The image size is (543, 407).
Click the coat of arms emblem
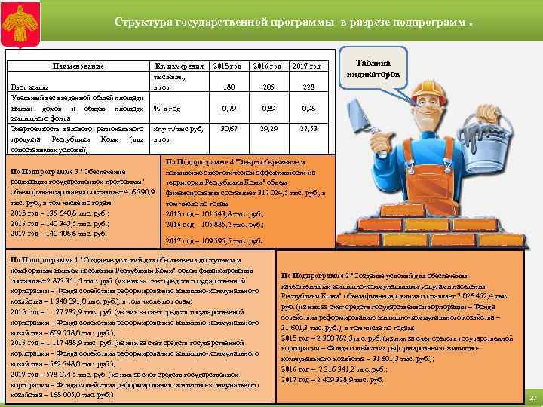[23, 22]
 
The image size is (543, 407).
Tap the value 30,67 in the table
[223, 129]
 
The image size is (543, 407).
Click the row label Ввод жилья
[29, 88]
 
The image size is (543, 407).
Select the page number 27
[532, 397]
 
